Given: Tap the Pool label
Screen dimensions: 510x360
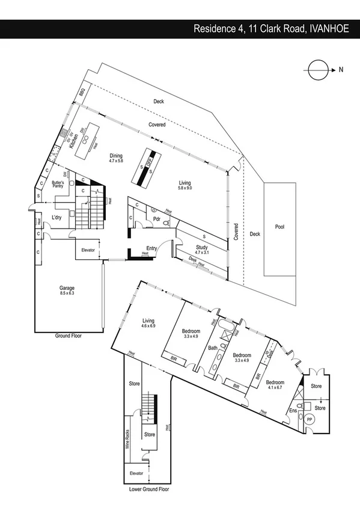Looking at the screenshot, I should pos(279,228).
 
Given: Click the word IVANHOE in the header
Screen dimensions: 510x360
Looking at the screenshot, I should pos(331,28).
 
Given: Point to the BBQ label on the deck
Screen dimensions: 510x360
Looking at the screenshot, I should pos(81,92).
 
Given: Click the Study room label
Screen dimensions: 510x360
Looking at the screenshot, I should pos(202,247).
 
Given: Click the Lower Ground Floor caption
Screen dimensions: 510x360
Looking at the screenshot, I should pos(149,490).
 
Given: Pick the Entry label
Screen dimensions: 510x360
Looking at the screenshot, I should pos(151,248).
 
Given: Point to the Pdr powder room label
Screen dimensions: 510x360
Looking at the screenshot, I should pos(156,219).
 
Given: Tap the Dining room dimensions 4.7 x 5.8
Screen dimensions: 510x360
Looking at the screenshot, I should pos(115,161).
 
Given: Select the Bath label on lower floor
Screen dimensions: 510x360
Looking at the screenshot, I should pos(212,348).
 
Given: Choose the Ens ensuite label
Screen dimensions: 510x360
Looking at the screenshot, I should pos(293,411).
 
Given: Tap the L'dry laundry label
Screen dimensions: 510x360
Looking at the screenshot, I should pos(58,217).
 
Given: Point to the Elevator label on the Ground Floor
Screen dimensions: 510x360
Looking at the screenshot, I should pos(85,250).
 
